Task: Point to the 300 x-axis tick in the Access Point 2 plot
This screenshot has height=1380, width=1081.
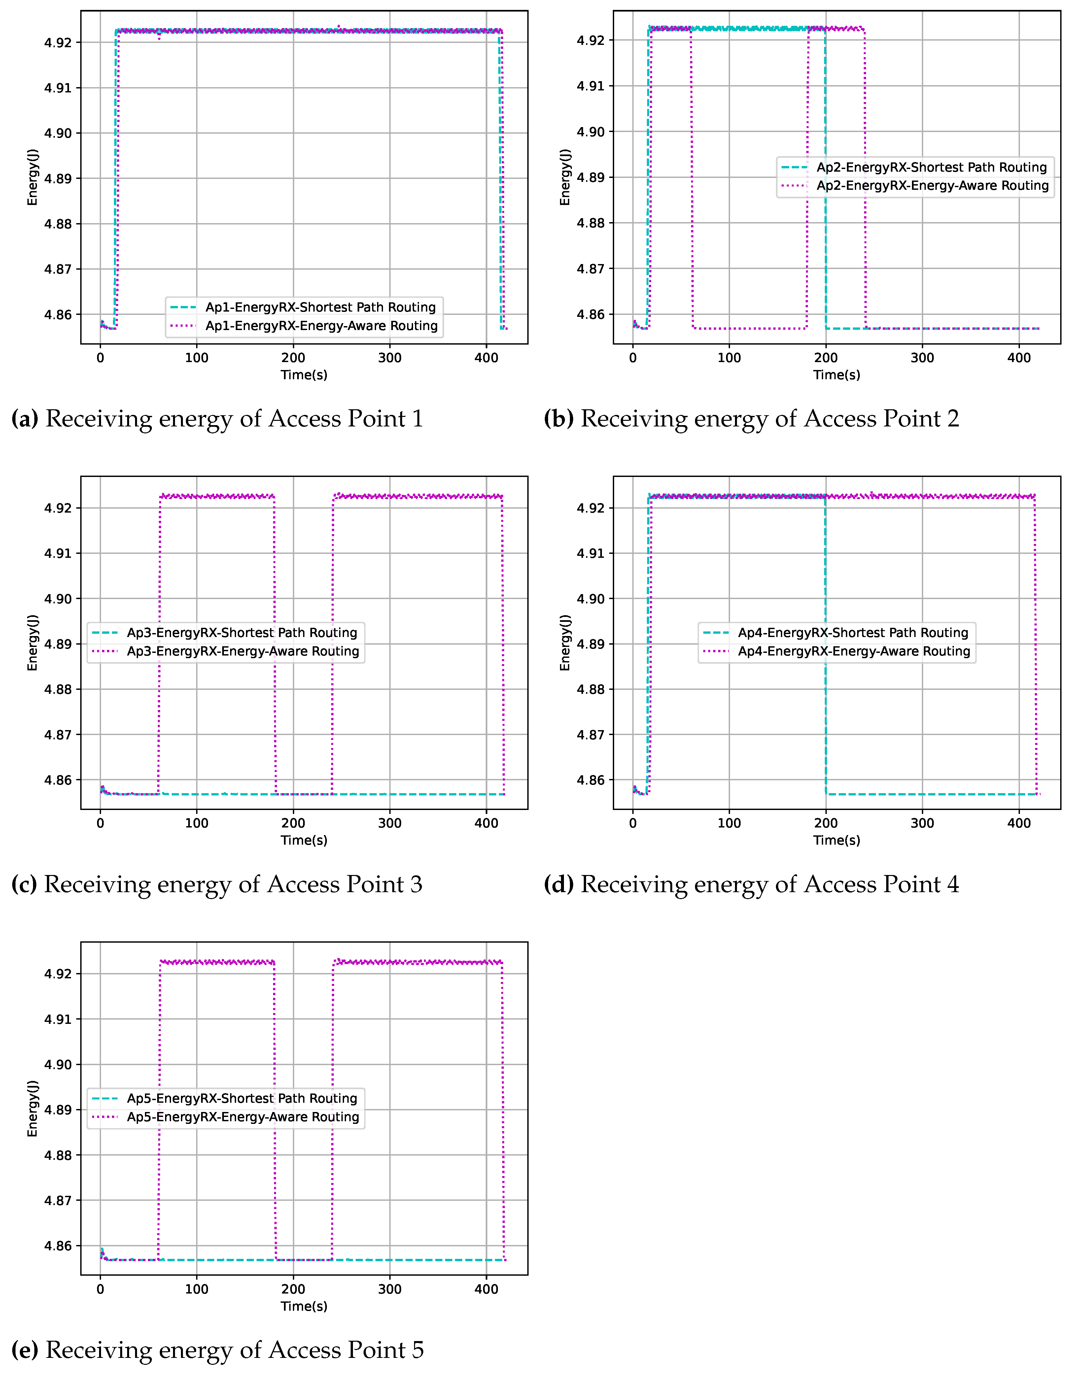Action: pyautogui.click(x=922, y=357)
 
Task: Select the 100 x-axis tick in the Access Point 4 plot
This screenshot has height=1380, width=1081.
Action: pyautogui.click(x=729, y=823)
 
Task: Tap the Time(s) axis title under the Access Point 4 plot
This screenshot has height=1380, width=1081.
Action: pyautogui.click(x=837, y=840)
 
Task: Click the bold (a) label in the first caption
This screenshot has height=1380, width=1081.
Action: pyautogui.click(x=25, y=419)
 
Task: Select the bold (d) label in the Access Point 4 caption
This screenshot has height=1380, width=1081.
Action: pyautogui.click(x=558, y=885)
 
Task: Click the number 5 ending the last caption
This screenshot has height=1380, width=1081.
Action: pyautogui.click(x=418, y=1350)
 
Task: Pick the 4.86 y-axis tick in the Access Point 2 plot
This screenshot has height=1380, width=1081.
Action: pyautogui.click(x=590, y=315)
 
